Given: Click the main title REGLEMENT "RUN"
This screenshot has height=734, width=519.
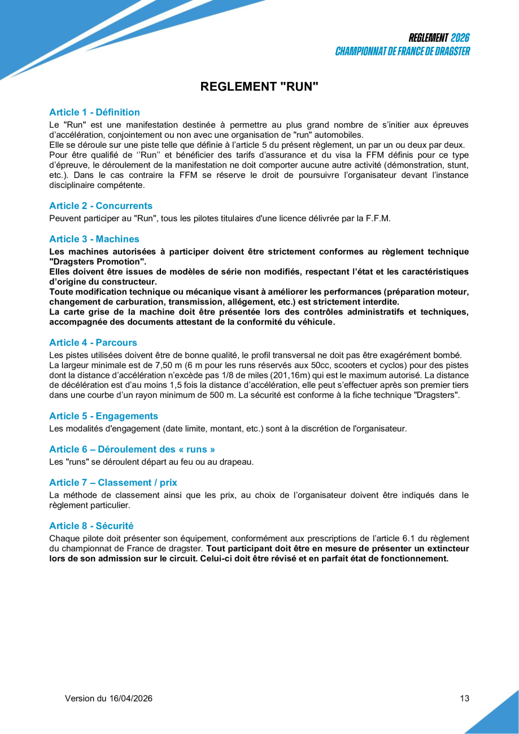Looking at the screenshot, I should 259,86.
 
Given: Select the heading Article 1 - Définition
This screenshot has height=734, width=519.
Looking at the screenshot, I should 94,112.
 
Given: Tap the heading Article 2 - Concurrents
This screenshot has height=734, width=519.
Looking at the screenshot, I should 101,206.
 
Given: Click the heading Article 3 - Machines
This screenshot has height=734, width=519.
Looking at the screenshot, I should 94,239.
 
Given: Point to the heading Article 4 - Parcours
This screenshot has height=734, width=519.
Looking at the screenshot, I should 93,343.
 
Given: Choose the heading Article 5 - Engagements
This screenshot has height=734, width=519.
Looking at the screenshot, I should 103,416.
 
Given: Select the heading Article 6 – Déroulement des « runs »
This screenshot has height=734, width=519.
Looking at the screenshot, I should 132,449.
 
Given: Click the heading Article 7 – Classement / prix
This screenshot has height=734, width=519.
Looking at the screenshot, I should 113,483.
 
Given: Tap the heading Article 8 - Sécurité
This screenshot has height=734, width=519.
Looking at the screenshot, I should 91,526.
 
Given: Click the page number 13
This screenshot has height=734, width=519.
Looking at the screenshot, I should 464,698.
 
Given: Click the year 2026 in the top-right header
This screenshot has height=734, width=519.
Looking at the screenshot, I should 460,38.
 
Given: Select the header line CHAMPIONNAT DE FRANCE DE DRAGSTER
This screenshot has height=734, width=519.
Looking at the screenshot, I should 402,51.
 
